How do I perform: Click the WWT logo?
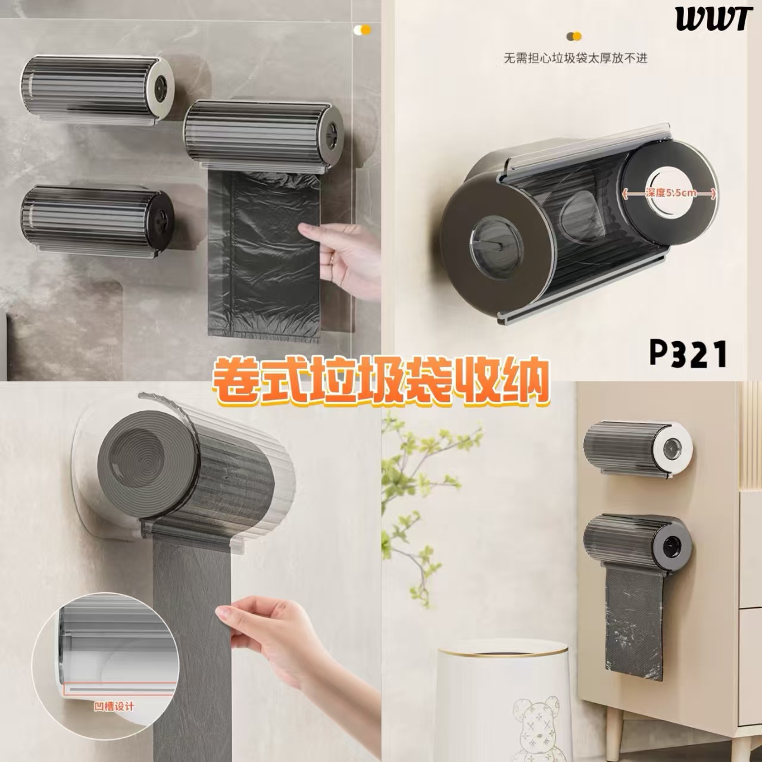pos(713,18)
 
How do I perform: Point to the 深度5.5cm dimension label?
pos(669,193)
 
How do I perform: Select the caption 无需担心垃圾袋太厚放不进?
pos(575,58)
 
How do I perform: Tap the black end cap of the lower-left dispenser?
pos(160,218)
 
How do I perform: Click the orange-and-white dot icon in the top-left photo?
pos(363,30)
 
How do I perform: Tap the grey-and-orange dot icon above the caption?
pos(574,37)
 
